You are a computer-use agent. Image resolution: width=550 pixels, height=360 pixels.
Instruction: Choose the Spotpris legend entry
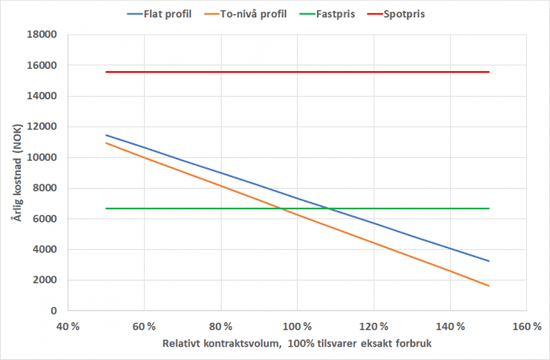pos(414,15)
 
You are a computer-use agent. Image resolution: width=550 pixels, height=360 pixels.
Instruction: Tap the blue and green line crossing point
pos(328,209)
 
